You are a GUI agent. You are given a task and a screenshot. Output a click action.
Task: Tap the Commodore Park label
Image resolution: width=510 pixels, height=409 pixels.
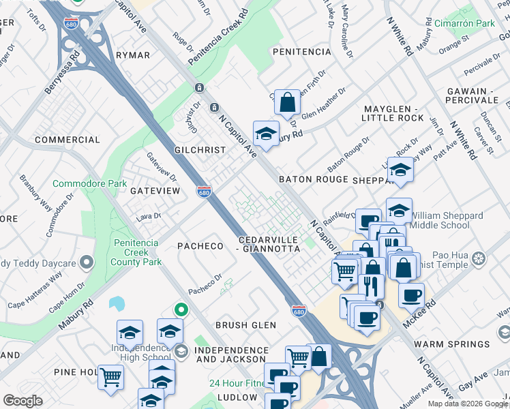click(90, 184)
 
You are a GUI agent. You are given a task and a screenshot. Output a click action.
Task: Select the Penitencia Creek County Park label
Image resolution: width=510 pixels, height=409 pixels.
click(136, 252)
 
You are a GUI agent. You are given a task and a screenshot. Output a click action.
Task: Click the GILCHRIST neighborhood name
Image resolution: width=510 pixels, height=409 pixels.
click(199, 150)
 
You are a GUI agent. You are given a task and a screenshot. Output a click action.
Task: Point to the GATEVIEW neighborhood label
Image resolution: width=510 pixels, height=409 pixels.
click(155, 191)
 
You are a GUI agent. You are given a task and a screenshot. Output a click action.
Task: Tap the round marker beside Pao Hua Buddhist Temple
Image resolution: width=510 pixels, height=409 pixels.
click(480, 258)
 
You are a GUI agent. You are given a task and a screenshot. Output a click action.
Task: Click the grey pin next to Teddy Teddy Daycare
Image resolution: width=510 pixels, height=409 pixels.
click(86, 262)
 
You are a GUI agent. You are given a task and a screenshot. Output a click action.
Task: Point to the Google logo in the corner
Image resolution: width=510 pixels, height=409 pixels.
click(22, 401)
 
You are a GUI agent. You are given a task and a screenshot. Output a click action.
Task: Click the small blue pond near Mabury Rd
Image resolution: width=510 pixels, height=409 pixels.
click(117, 303)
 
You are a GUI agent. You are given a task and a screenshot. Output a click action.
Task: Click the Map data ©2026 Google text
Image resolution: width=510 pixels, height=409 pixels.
click(467, 404)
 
